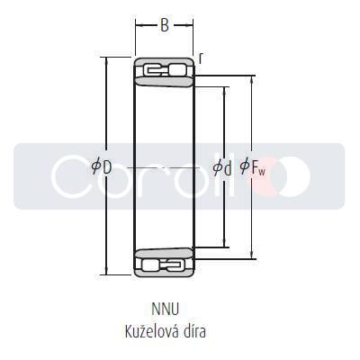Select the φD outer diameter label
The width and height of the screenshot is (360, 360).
[102, 166]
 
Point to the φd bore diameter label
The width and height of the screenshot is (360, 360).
[221, 166]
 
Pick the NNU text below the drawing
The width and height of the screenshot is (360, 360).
[166, 310]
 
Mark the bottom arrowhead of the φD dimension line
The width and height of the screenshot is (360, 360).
[107, 272]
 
